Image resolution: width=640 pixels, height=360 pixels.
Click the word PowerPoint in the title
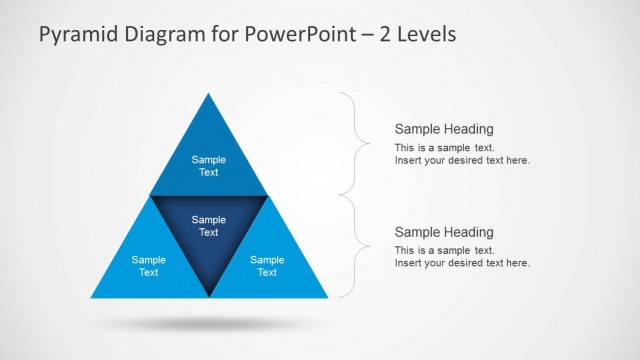point(299,35)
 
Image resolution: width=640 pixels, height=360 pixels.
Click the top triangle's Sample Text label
point(209,166)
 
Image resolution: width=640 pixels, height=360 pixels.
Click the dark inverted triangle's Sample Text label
point(209,226)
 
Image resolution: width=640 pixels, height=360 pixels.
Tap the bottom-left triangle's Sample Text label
point(149,266)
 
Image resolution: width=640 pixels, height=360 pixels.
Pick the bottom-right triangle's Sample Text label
point(267,266)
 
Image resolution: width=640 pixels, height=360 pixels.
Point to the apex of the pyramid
point(209,94)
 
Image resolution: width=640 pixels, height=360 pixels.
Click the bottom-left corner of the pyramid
point(91,297)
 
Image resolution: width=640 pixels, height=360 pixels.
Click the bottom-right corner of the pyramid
point(327,297)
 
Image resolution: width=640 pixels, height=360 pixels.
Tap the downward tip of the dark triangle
point(209,295)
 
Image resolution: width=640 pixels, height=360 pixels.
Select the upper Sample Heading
point(444,129)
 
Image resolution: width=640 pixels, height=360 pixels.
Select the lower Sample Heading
point(444,231)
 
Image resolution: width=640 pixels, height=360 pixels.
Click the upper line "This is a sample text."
point(444,148)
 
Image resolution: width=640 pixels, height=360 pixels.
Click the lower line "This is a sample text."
point(444,250)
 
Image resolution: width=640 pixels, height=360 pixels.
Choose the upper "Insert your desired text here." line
point(462,161)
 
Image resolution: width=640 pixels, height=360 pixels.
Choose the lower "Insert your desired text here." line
point(462,263)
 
